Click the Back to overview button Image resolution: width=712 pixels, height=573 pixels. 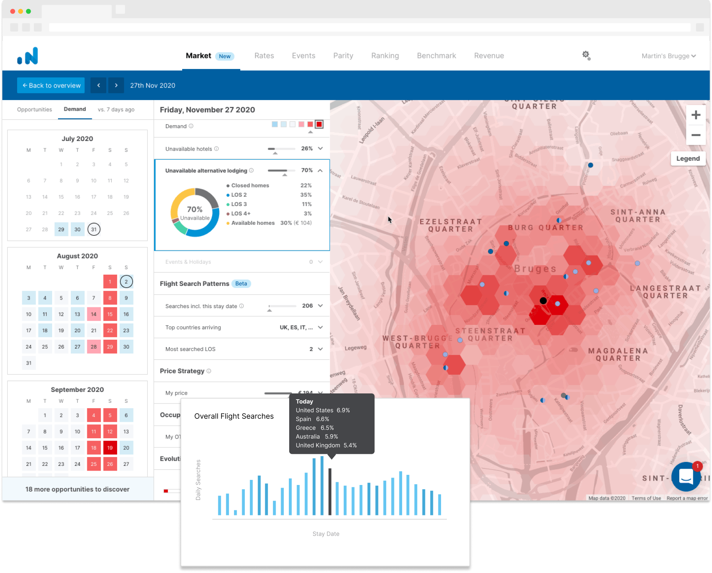pyautogui.click(x=51, y=85)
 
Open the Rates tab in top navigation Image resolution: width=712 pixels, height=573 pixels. pyautogui.click(x=264, y=56)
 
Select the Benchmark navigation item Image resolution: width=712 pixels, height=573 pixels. pyautogui.click(x=436, y=56)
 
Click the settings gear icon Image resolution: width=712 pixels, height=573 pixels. pyautogui.click(x=586, y=55)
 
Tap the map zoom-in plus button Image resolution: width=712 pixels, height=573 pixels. pyautogui.click(x=696, y=115)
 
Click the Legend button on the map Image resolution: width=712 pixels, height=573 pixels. pyautogui.click(x=687, y=159)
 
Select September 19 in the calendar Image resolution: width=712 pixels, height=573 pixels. pyautogui.click(x=110, y=448)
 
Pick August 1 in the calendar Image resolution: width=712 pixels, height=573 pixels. pyautogui.click(x=110, y=282)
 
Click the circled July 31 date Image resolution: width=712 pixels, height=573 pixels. pyautogui.click(x=94, y=229)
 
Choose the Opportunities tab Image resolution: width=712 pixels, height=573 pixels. pyautogui.click(x=34, y=109)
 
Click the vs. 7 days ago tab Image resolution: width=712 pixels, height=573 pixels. pyautogui.click(x=116, y=109)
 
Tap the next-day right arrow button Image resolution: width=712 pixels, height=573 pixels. pyautogui.click(x=116, y=85)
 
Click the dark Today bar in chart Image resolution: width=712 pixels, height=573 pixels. pyautogui.click(x=330, y=492)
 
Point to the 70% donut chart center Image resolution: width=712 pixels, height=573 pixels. pyautogui.click(x=195, y=213)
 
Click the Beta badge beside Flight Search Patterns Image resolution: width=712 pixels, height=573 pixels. pyautogui.click(x=241, y=284)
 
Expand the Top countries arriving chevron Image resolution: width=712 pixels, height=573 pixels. pyautogui.click(x=320, y=327)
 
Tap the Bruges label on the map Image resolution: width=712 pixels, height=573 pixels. pyautogui.click(x=535, y=269)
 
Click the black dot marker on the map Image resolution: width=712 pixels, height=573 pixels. pyautogui.click(x=543, y=301)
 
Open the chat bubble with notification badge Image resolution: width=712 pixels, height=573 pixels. pyautogui.click(x=686, y=476)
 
